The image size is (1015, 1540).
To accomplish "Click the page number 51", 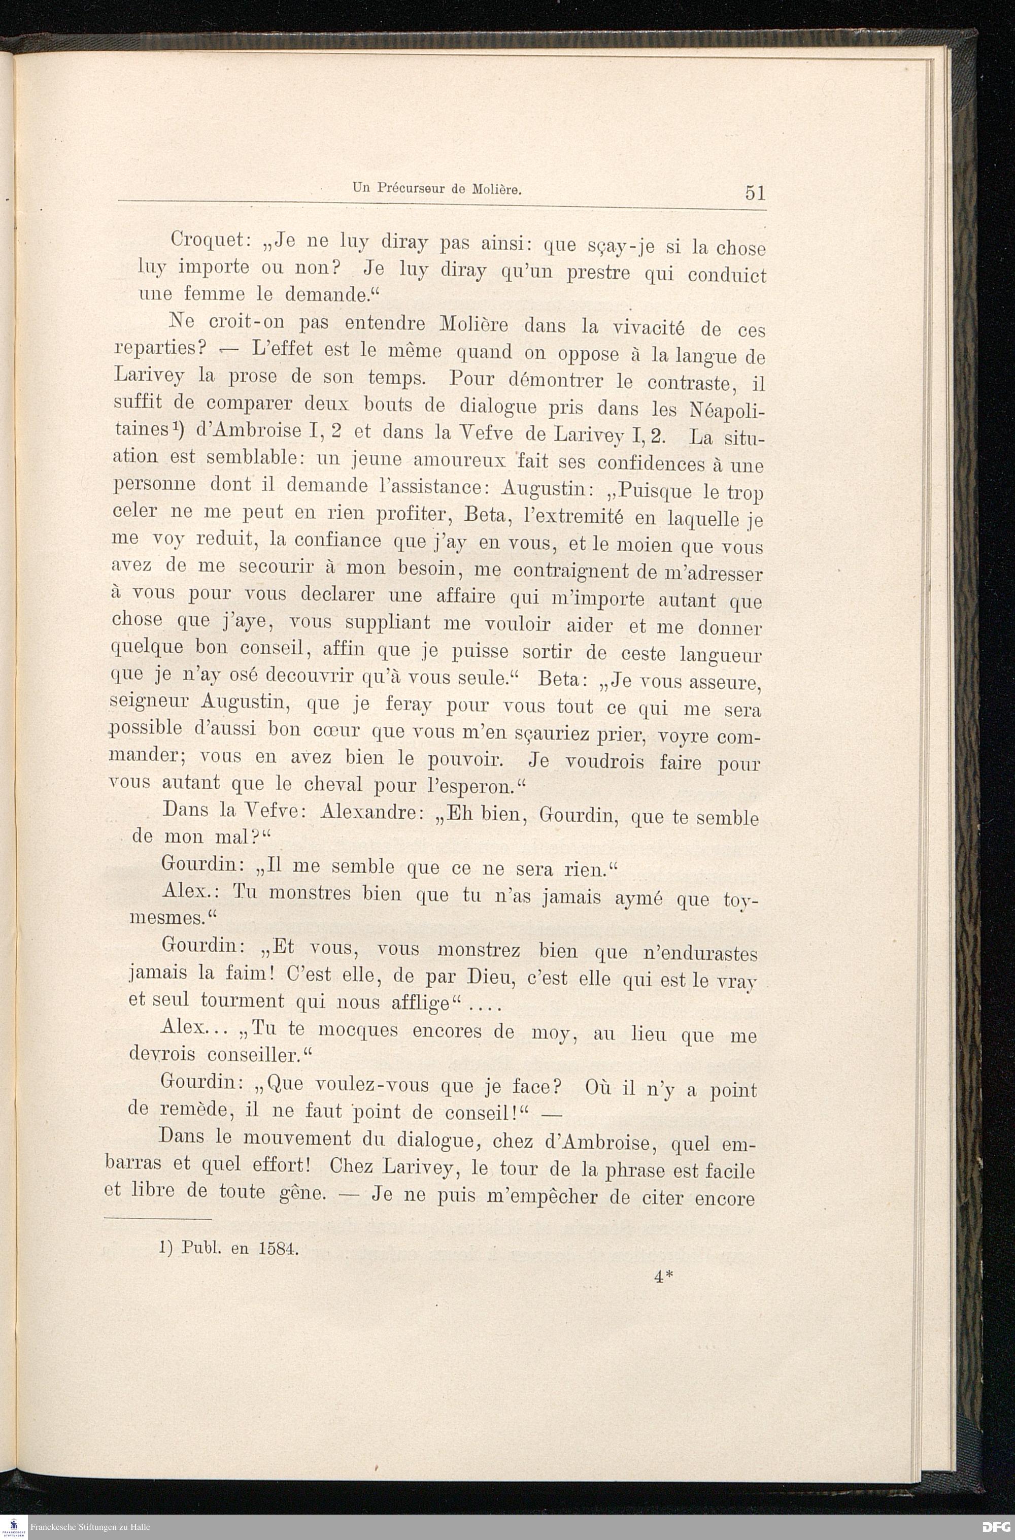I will point(755,193).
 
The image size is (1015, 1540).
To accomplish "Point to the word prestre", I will point(598,273).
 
